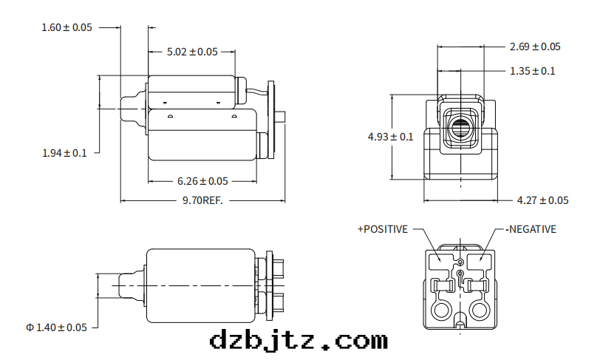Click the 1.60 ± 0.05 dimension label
(67, 27)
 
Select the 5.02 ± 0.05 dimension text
(192, 52)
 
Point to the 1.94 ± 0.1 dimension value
(64, 153)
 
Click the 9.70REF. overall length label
(202, 200)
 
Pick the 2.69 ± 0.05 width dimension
(535, 47)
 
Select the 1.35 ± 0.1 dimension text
(533, 71)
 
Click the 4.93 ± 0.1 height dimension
(391, 137)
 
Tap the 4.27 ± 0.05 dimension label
(543, 200)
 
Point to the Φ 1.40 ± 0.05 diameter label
(56, 327)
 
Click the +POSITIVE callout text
(382, 229)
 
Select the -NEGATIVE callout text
(531, 229)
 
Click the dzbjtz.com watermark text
(299, 341)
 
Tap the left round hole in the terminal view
(442, 309)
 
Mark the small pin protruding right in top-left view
(283, 116)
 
